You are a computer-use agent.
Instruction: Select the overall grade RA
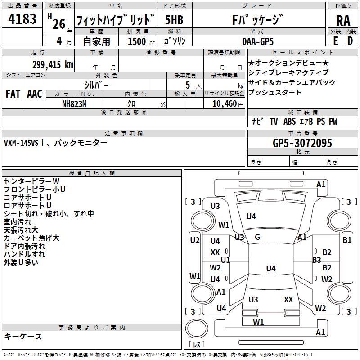coord(343,21)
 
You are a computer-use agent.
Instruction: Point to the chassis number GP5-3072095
coord(303,143)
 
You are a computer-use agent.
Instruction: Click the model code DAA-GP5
coord(257,41)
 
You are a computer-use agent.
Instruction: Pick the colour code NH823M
coord(74,103)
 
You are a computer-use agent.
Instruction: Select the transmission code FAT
coord(13,94)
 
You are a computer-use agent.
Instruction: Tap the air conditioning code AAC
coord(35,94)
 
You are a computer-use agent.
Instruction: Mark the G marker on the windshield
coord(257,237)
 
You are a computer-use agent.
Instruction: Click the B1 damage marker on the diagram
coord(347,240)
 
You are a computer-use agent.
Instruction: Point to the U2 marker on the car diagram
coord(194,240)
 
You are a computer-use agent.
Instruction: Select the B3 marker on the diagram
coord(316,260)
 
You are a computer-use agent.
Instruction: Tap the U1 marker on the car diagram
coord(225,260)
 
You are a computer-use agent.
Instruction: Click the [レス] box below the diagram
coord(196,345)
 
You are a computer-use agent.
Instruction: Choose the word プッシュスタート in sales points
coord(275,93)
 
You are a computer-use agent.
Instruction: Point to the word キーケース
coord(23,337)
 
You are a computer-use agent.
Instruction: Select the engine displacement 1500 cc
coord(138,42)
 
